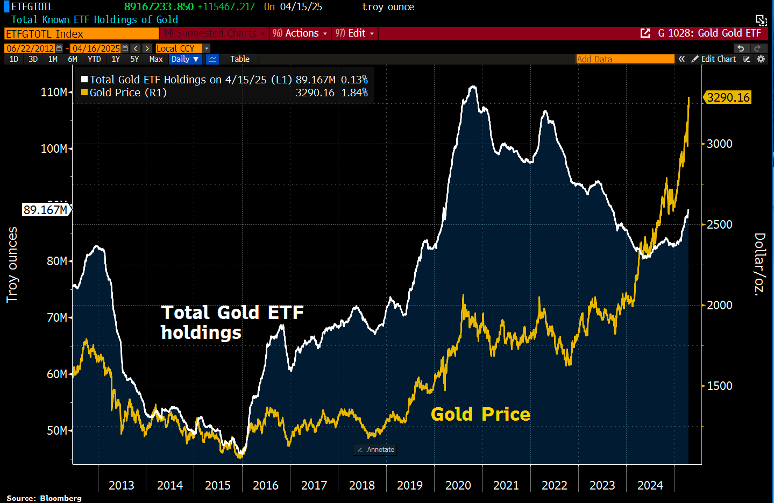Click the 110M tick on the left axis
point(54,92)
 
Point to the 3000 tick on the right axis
point(719,144)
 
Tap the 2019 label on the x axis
point(410,485)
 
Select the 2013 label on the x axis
point(122,485)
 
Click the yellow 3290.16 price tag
point(728,97)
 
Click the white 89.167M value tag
point(46,210)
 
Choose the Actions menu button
point(300,33)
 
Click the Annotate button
point(375,450)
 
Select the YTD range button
point(94,59)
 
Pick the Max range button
point(156,59)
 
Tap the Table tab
point(240,59)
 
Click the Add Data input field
point(624,59)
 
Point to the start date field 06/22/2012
point(31,48)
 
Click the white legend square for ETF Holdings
point(84,80)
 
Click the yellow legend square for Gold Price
point(84,93)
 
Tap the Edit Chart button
point(714,59)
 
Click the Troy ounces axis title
point(12,265)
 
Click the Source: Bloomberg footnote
point(44,498)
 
